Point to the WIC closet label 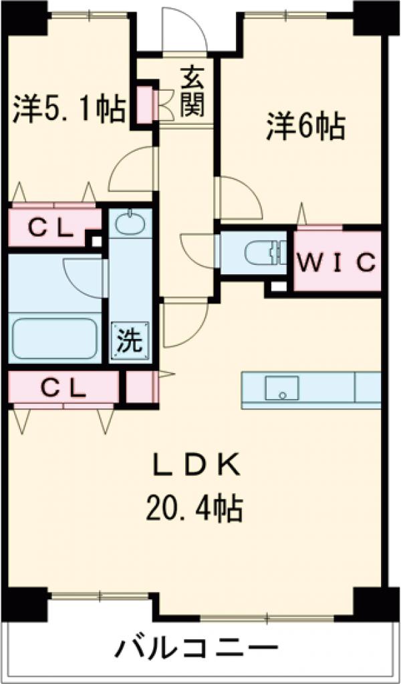[337, 261]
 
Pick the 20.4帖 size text [194, 510]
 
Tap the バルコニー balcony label [198, 647]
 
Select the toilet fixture [258, 253]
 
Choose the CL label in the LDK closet [64, 387]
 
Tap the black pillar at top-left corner [27, 17]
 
